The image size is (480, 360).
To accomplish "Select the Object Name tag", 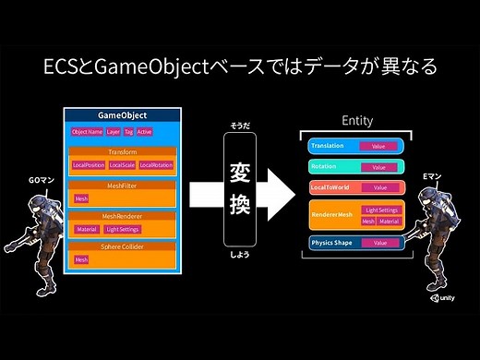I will click(86, 132).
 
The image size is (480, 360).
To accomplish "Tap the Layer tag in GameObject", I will click(113, 132).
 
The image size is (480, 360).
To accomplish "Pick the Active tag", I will click(144, 132).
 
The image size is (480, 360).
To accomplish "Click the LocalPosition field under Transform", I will click(89, 165).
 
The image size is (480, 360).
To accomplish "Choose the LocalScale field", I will click(122, 165).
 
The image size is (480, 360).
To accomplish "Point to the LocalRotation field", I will click(156, 165).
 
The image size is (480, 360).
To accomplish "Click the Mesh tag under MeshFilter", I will click(81, 198).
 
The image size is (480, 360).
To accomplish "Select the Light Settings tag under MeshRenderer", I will click(123, 229).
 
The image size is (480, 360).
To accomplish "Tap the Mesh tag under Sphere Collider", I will click(81, 260).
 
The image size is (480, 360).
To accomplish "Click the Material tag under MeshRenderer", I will click(87, 229).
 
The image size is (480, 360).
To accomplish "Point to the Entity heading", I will click(357, 122).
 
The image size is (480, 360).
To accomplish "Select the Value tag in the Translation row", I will click(378, 147).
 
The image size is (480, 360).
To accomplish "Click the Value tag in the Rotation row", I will click(378, 167).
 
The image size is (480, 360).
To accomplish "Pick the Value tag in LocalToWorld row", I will click(378, 188).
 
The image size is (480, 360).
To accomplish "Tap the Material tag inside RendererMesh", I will click(389, 222).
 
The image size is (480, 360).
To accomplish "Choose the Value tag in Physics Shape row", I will click(378, 244).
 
